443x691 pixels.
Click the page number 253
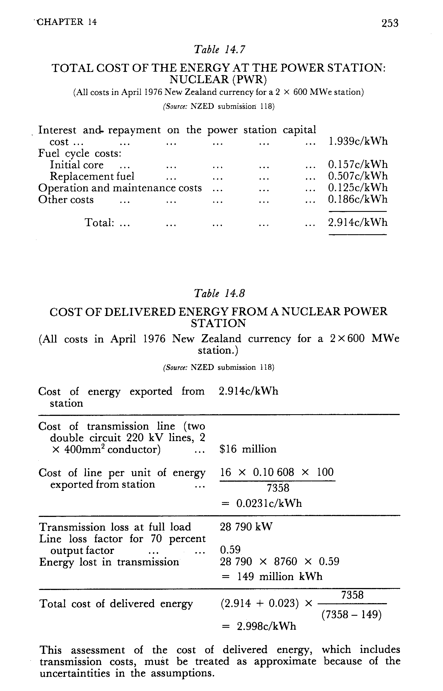point(390,23)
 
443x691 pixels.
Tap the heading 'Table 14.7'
point(219,50)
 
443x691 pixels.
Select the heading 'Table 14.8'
point(219,293)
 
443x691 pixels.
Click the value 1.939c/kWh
point(358,141)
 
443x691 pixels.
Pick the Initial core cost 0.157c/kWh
point(358,165)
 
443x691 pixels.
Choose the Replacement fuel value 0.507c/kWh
point(358,176)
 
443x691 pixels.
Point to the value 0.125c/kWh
point(358,188)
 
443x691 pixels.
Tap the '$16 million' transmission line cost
point(248,449)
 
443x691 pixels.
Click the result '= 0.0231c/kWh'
point(261,503)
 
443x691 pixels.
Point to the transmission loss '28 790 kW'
point(246,527)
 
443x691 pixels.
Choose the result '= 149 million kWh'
point(271,576)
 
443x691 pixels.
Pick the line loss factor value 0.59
point(230,550)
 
